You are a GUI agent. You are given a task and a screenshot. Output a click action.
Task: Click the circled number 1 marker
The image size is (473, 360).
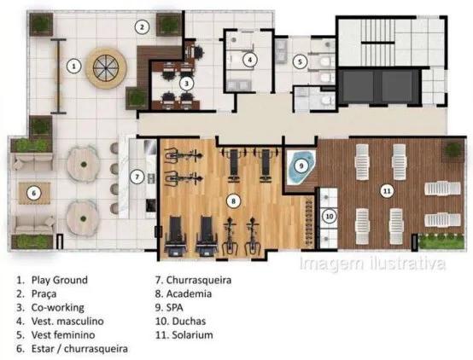pyautogui.click(x=74, y=66)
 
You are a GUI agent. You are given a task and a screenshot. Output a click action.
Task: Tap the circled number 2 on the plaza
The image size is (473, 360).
pyautogui.click(x=142, y=27)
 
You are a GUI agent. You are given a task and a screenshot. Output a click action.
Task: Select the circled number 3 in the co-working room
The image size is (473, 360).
pyautogui.click(x=186, y=84)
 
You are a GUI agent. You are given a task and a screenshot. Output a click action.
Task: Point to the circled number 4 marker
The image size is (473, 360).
pyautogui.click(x=250, y=60)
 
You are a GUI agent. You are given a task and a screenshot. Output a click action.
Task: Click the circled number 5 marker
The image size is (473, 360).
pyautogui.click(x=300, y=61)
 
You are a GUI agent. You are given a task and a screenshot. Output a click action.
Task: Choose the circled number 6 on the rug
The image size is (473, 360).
pyautogui.click(x=33, y=193)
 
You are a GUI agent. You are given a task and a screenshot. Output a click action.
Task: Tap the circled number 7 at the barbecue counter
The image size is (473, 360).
pyautogui.click(x=137, y=177)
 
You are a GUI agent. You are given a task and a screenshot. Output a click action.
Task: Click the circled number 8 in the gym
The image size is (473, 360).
pyautogui.click(x=233, y=201)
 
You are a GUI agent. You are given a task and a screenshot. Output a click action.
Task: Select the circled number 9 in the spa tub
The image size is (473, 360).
pyautogui.click(x=301, y=165)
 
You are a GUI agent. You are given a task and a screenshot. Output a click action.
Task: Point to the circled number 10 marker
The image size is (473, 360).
pyautogui.click(x=329, y=216)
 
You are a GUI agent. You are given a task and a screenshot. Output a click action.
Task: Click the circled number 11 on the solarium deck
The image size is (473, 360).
pyautogui.click(x=387, y=191)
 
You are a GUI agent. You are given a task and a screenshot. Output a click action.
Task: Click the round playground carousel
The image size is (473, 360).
pyautogui.click(x=106, y=68)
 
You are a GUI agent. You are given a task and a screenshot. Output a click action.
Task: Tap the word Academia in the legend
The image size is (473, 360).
pyautogui.click(x=189, y=293)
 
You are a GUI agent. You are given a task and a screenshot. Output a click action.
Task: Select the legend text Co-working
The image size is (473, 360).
pyautogui.click(x=57, y=308)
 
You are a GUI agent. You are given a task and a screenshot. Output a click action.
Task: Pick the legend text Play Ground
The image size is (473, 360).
pyautogui.click(x=60, y=280)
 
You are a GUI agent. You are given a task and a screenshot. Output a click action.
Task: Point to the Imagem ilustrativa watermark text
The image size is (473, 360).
pyautogui.click(x=372, y=264)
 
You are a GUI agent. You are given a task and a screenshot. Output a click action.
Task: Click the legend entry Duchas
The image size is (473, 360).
pyautogui.click(x=189, y=321)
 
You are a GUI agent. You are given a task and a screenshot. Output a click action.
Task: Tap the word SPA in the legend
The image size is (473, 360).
pyautogui.click(x=175, y=308)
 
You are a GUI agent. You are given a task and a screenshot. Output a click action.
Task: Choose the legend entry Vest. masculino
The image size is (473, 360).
pyautogui.click(x=67, y=321)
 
